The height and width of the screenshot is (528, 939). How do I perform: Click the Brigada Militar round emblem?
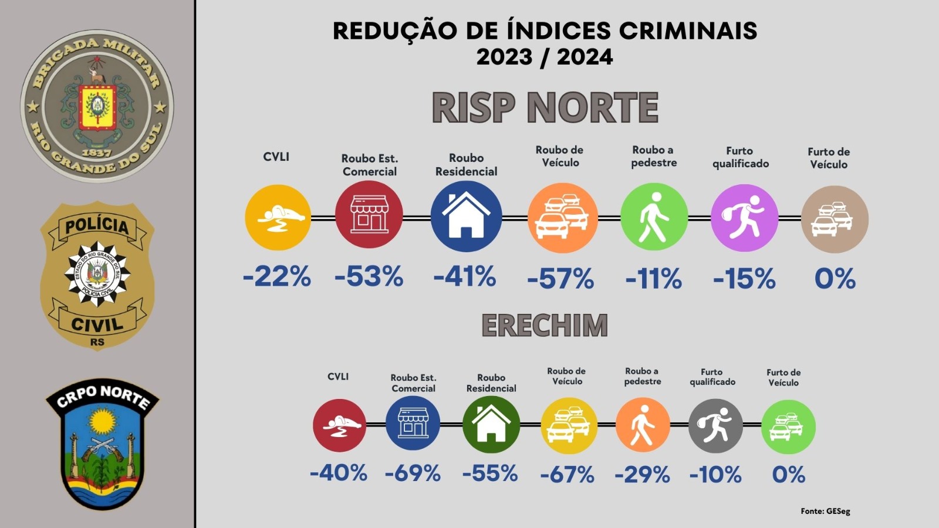[x=97, y=106]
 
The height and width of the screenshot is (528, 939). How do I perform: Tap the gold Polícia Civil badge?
[x=97, y=276]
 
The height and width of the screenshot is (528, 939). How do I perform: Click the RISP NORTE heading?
[x=545, y=108]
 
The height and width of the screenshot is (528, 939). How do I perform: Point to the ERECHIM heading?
[x=545, y=325]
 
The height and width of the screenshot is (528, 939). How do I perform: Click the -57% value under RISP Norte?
[x=560, y=278]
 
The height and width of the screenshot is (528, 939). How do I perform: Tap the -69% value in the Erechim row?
[x=413, y=473]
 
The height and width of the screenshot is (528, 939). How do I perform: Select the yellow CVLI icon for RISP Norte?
[x=278, y=218]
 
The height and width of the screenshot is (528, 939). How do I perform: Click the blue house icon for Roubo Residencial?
[x=466, y=216]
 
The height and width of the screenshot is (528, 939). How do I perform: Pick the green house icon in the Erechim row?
[x=491, y=425]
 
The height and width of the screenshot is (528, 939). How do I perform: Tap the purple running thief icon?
[x=745, y=218]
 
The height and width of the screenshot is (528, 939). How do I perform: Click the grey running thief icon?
[x=715, y=426]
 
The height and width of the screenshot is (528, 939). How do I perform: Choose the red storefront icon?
[x=369, y=214]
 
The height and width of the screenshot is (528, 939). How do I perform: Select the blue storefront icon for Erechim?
[x=413, y=423]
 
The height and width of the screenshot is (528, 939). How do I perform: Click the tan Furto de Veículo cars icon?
[x=835, y=219]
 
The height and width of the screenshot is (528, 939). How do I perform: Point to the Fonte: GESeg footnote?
[x=825, y=511]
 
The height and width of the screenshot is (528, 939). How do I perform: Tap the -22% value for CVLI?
[x=277, y=276]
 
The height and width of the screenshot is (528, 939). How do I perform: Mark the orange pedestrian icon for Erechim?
[x=643, y=425]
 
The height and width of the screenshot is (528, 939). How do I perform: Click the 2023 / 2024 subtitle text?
[x=545, y=57]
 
